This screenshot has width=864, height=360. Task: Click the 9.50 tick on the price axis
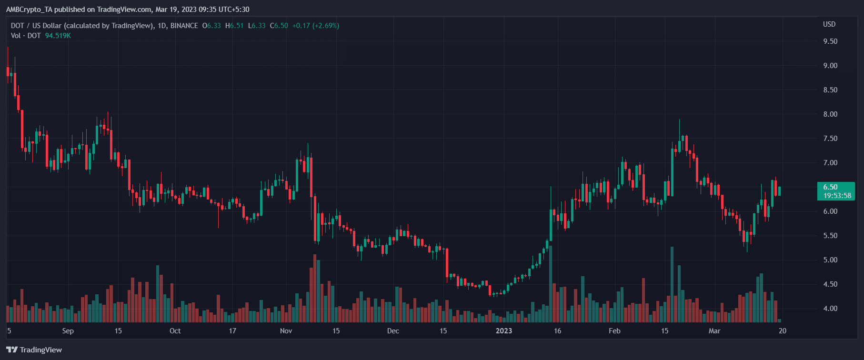[830, 41]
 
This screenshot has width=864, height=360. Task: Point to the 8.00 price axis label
[830, 114]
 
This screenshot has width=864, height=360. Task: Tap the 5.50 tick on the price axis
[830, 236]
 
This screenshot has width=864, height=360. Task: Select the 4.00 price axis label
[830, 309]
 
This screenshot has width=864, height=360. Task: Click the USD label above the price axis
[829, 24]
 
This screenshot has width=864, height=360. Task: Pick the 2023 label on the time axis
[504, 331]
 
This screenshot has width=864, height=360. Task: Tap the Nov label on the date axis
[286, 331]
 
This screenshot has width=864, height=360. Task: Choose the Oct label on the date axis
[175, 331]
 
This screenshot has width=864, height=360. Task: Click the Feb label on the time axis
[614, 331]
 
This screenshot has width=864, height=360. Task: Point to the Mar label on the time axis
[714, 331]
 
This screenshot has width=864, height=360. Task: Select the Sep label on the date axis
[68, 331]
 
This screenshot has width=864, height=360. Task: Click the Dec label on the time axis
[393, 331]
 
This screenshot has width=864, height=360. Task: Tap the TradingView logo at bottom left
[34, 350]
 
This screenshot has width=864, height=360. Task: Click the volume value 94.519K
[58, 36]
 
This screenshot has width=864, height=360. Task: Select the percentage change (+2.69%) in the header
[326, 26]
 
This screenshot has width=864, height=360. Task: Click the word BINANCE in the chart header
[184, 26]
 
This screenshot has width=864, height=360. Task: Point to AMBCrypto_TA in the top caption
[29, 10]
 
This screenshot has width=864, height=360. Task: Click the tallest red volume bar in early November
[315, 289]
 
